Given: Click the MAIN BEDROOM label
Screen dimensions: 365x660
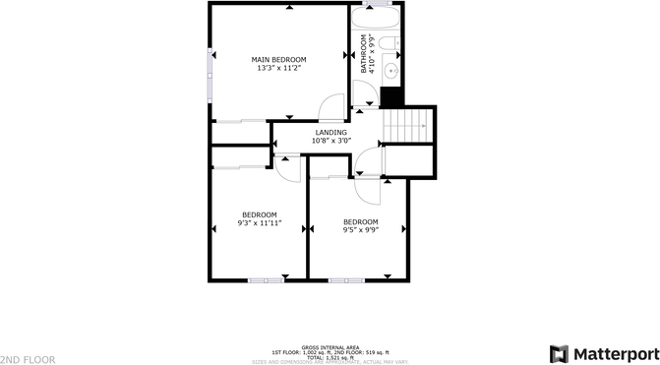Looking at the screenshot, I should (x=278, y=59).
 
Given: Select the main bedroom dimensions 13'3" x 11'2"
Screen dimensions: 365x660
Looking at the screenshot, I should (x=278, y=69).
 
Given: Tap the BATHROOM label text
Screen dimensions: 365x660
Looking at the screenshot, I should (x=363, y=54).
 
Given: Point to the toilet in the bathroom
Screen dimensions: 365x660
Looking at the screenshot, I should (x=390, y=43).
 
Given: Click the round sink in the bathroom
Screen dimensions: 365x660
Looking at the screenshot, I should (x=390, y=70).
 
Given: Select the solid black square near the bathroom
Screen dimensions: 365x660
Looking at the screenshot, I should (x=391, y=98).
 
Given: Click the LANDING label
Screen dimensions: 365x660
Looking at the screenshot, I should (x=330, y=132).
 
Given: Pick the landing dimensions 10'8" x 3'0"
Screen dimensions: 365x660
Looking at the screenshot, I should (x=330, y=141).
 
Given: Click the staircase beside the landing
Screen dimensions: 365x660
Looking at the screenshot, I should (x=407, y=125).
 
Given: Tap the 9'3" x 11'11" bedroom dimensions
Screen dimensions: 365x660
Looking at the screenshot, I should (x=260, y=223).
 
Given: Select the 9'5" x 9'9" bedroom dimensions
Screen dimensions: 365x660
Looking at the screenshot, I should (x=360, y=230).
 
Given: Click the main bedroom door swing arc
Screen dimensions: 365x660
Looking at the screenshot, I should (x=334, y=102).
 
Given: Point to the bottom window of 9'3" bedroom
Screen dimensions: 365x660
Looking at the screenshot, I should (x=266, y=280).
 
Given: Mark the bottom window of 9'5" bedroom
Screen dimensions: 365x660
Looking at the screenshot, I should (x=347, y=280).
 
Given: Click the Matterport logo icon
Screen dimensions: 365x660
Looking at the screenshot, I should (x=559, y=353).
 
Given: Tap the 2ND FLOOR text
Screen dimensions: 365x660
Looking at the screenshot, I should (x=28, y=360).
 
